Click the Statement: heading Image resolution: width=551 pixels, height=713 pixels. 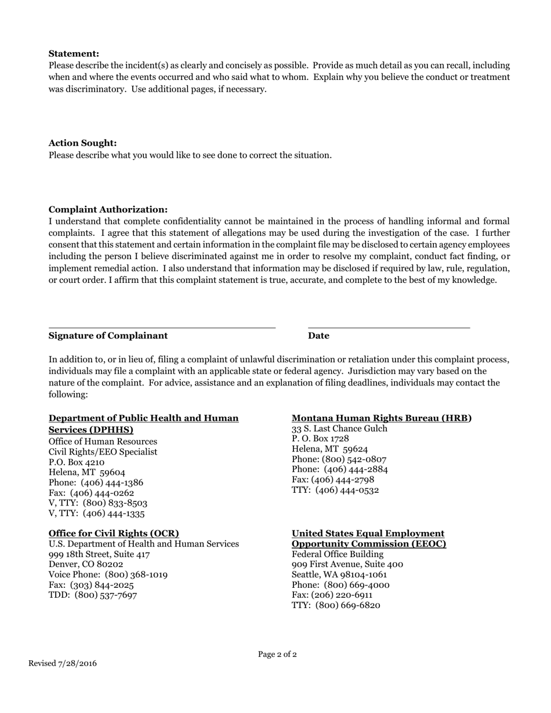[74, 53]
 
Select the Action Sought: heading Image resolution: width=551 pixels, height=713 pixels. [82, 143]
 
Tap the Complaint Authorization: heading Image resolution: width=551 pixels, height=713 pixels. [108, 209]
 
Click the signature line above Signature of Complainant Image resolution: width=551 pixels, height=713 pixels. [162, 328]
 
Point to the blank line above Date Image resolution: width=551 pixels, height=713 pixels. [389, 328]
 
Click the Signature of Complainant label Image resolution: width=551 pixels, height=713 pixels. [108, 336]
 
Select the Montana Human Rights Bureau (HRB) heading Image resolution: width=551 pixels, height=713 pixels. [382, 418]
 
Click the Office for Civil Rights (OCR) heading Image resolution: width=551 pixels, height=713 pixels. [114, 533]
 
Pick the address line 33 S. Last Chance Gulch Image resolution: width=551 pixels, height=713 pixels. [339, 428]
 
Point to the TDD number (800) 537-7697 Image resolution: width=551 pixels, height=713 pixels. [106, 595]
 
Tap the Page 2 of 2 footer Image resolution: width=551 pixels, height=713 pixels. [277, 654]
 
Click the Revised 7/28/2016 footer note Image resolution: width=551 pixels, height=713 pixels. [63, 663]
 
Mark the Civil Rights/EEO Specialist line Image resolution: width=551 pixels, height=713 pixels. [103, 452]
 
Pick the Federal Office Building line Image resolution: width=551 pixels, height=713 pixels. [338, 554]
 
